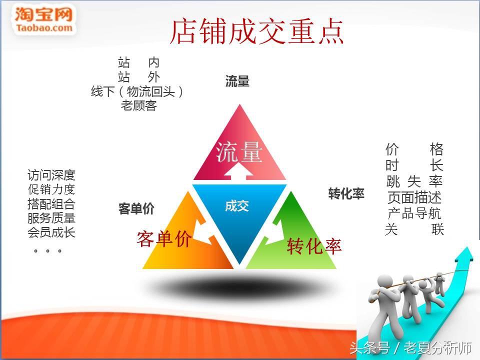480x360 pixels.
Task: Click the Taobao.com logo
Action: click(x=43, y=19)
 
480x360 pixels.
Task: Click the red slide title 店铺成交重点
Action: click(x=257, y=31)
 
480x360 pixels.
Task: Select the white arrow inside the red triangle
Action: click(x=239, y=171)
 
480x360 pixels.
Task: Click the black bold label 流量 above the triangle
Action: click(x=237, y=81)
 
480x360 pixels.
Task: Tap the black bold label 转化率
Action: click(x=346, y=193)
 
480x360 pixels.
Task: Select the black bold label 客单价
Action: click(x=136, y=209)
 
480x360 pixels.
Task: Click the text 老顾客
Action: click(x=138, y=105)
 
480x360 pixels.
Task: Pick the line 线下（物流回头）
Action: click(x=137, y=91)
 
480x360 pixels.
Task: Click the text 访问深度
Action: click(x=51, y=175)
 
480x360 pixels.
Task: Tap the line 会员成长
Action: click(x=51, y=232)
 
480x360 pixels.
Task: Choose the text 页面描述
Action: click(x=414, y=198)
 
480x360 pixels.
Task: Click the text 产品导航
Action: click(x=414, y=213)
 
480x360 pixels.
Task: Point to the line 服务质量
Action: click(x=51, y=218)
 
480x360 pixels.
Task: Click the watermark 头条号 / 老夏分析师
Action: click(x=410, y=347)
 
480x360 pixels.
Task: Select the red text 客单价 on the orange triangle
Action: click(x=164, y=239)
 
